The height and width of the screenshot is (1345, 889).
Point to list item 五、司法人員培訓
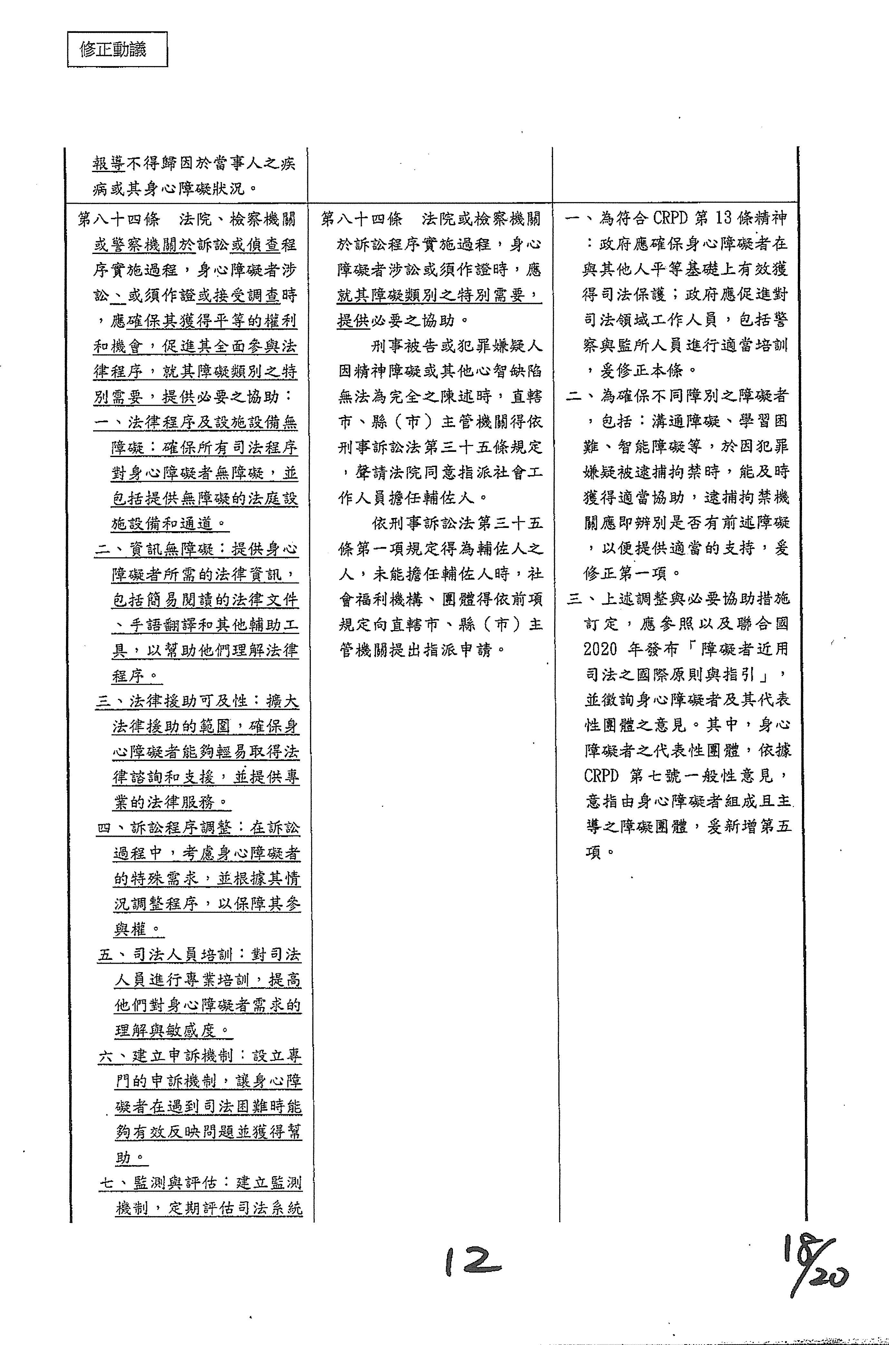pos(164,955)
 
